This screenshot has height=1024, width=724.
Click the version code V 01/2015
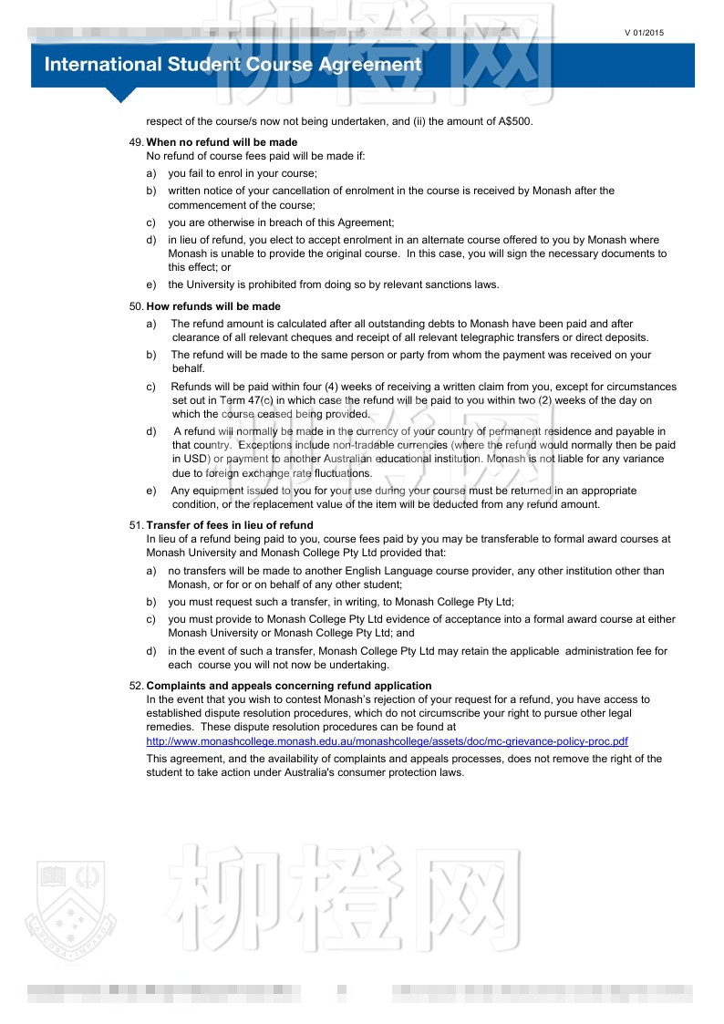(x=644, y=33)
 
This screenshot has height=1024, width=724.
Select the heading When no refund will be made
(x=222, y=142)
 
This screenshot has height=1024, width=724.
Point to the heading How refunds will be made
(x=213, y=306)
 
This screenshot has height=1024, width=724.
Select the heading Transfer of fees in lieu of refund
(x=230, y=525)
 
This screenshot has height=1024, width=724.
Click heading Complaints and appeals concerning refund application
(x=289, y=686)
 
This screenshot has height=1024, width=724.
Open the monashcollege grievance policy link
(x=388, y=741)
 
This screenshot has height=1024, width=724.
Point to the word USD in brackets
(x=196, y=459)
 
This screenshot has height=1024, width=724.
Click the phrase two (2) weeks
(x=560, y=400)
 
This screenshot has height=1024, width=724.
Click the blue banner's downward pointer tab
(x=120, y=95)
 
